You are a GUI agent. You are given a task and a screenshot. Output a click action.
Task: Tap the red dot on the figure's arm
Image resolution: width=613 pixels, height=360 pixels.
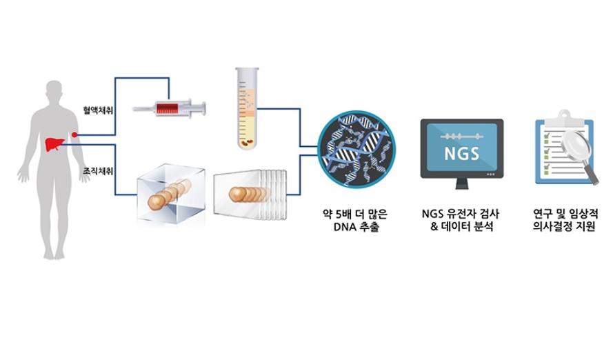[74, 135]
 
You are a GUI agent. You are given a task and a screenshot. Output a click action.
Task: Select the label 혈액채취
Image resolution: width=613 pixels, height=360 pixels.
[98, 110]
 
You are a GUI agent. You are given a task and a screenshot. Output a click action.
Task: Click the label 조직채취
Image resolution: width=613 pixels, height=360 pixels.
[98, 171]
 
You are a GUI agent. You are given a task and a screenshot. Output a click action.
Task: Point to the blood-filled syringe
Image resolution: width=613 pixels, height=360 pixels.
[169, 108]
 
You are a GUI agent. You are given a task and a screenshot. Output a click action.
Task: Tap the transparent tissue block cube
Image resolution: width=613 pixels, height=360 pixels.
[171, 194]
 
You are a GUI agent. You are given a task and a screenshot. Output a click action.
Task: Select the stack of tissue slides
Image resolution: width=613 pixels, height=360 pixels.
[250, 194]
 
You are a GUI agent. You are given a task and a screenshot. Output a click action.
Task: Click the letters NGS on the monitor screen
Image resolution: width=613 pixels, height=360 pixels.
[462, 154]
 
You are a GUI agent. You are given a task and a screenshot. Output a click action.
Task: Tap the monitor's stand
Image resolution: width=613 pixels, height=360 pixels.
[462, 183]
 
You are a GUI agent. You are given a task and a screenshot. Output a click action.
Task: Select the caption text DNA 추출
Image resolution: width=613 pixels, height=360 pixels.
[356, 227]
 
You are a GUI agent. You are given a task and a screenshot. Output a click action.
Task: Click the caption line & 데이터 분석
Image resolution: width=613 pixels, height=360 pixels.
[462, 227]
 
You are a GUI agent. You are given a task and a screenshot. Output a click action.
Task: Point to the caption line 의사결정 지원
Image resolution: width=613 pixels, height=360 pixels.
[564, 227]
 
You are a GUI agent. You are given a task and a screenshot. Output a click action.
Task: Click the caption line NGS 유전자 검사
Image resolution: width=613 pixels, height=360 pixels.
[461, 214]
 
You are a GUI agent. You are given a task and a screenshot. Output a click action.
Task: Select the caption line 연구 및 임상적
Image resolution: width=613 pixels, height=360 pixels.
[565, 214]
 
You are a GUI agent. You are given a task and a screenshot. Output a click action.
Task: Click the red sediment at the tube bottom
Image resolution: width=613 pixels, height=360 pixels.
[247, 143]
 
